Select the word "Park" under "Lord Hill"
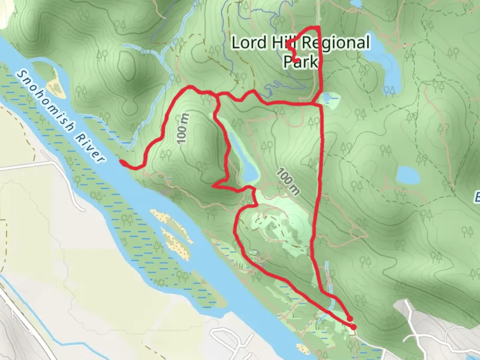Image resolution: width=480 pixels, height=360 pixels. coord(300,62)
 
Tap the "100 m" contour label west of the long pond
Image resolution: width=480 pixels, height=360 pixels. coord(183,129)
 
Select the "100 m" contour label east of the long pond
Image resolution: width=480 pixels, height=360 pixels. coord(289,182)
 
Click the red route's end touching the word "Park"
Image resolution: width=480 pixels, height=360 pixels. coord(296,60)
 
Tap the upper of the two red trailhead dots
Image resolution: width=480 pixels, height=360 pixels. coord(350,319)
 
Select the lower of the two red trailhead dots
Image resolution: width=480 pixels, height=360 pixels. coord(353,327)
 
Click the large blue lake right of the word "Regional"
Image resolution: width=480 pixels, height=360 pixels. coord(383,65)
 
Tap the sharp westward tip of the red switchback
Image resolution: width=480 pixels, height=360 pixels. coord(213,186)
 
